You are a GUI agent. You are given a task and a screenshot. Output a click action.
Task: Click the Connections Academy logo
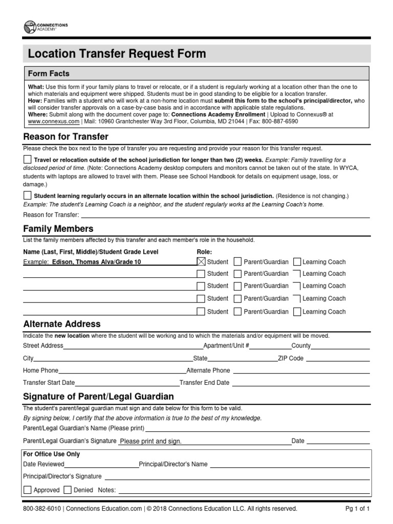[46, 27]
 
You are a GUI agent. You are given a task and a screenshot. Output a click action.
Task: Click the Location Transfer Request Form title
[117, 54]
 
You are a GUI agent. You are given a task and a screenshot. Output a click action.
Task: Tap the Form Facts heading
[49, 73]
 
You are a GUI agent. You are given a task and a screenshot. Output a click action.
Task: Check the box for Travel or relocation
[27, 160]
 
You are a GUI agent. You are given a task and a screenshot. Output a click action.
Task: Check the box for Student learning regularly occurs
[27, 195]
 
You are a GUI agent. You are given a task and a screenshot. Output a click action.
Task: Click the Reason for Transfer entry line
[225, 215]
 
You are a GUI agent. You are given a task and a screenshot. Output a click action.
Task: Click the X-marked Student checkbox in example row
[201, 261]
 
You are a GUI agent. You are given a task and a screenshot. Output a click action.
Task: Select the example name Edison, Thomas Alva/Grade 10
[96, 262]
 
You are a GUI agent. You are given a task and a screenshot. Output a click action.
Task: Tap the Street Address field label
[43, 345]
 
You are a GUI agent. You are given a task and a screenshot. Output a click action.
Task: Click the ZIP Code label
[290, 358]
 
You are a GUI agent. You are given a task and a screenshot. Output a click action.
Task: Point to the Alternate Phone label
[208, 370]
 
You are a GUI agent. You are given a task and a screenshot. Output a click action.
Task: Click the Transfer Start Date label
[49, 383]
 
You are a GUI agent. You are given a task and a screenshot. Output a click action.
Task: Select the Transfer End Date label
[205, 383]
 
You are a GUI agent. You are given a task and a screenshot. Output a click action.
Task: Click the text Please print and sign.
[150, 441]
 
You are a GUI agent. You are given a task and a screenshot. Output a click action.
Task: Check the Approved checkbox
[27, 490]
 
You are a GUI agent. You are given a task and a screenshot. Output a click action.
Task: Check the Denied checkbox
[68, 490]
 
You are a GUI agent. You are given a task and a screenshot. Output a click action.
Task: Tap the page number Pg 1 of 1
[358, 509]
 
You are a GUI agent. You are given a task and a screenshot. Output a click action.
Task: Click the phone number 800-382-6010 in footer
[42, 509]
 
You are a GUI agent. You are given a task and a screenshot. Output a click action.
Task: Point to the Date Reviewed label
[44, 464]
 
